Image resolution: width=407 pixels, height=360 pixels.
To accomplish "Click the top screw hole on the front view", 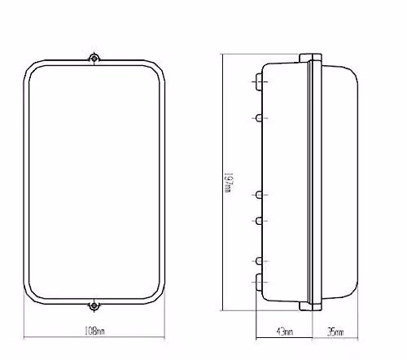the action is click(94, 58).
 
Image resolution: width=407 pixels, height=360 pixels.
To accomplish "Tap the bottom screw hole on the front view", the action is click(94, 306).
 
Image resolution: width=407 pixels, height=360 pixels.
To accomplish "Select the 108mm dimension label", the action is click(94, 331).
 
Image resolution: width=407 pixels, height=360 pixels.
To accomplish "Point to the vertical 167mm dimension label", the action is click(229, 182).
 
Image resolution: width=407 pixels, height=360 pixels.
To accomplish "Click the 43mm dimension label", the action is click(285, 331).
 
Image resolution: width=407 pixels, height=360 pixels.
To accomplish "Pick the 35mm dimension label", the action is click(335, 331).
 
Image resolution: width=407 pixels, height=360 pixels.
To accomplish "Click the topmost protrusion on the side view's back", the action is click(259, 81).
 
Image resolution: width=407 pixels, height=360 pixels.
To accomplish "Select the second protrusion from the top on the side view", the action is click(259, 118).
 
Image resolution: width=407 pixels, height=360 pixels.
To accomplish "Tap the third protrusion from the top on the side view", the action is click(259, 195).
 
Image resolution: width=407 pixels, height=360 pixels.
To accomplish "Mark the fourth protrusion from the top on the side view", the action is click(259, 221).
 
